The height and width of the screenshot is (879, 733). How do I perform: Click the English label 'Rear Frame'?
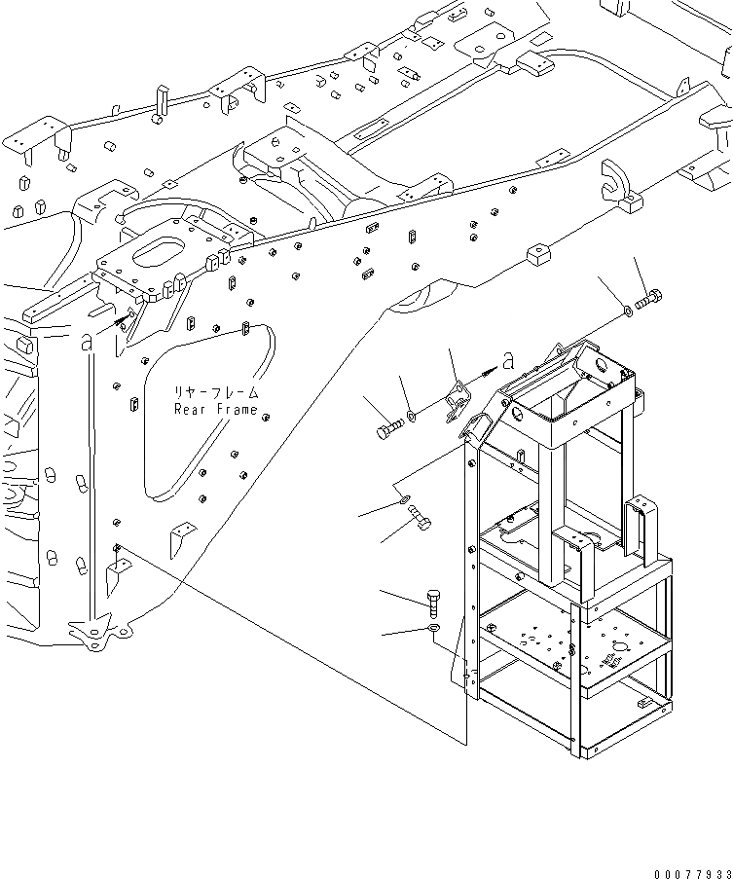[216, 409]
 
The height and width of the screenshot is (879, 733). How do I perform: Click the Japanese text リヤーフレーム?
[216, 392]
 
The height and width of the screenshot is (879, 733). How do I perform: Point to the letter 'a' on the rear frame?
[87, 342]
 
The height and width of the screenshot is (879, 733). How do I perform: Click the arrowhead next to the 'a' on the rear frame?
[123, 322]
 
